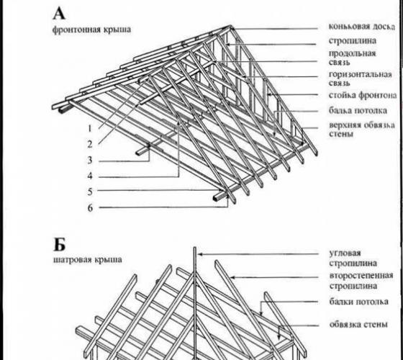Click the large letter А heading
[x=59, y=14]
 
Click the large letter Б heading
[x=59, y=245]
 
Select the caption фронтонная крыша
[x=91, y=30]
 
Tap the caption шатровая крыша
[x=87, y=260]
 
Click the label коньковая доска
[x=362, y=27]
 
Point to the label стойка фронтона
[x=363, y=95]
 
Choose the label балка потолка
[x=358, y=111]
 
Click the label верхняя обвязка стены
[x=362, y=130]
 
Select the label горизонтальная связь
[x=361, y=78]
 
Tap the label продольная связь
[x=352, y=58]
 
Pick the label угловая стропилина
[x=353, y=258]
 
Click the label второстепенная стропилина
[x=361, y=281]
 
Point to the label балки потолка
[x=359, y=302]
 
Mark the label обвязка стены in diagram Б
[x=358, y=324]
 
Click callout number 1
[x=90, y=128]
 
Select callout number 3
[x=90, y=160]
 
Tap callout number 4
[x=90, y=176]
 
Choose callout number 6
[x=90, y=208]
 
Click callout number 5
[x=90, y=192]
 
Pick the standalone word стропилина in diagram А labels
[x=353, y=41]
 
